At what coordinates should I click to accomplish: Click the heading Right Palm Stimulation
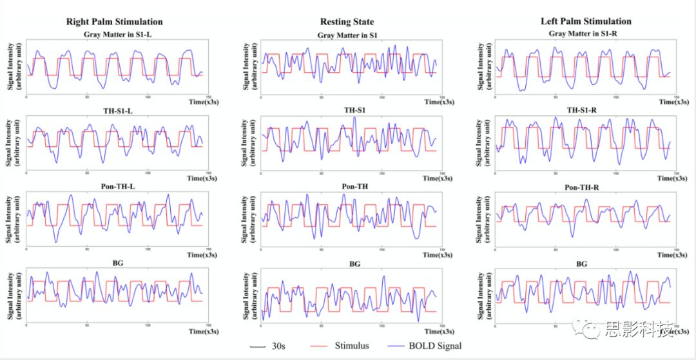click(115, 22)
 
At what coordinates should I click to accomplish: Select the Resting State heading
click(346, 22)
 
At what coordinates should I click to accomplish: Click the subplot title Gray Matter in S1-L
click(115, 34)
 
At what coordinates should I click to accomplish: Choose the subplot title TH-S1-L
click(114, 110)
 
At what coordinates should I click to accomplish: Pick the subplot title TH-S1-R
click(582, 110)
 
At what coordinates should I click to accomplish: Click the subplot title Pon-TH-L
click(114, 187)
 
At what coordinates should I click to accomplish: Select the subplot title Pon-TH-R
click(582, 187)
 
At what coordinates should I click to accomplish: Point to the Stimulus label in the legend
click(351, 346)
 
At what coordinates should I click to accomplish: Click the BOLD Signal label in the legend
click(435, 346)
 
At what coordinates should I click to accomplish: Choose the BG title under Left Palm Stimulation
click(582, 264)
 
